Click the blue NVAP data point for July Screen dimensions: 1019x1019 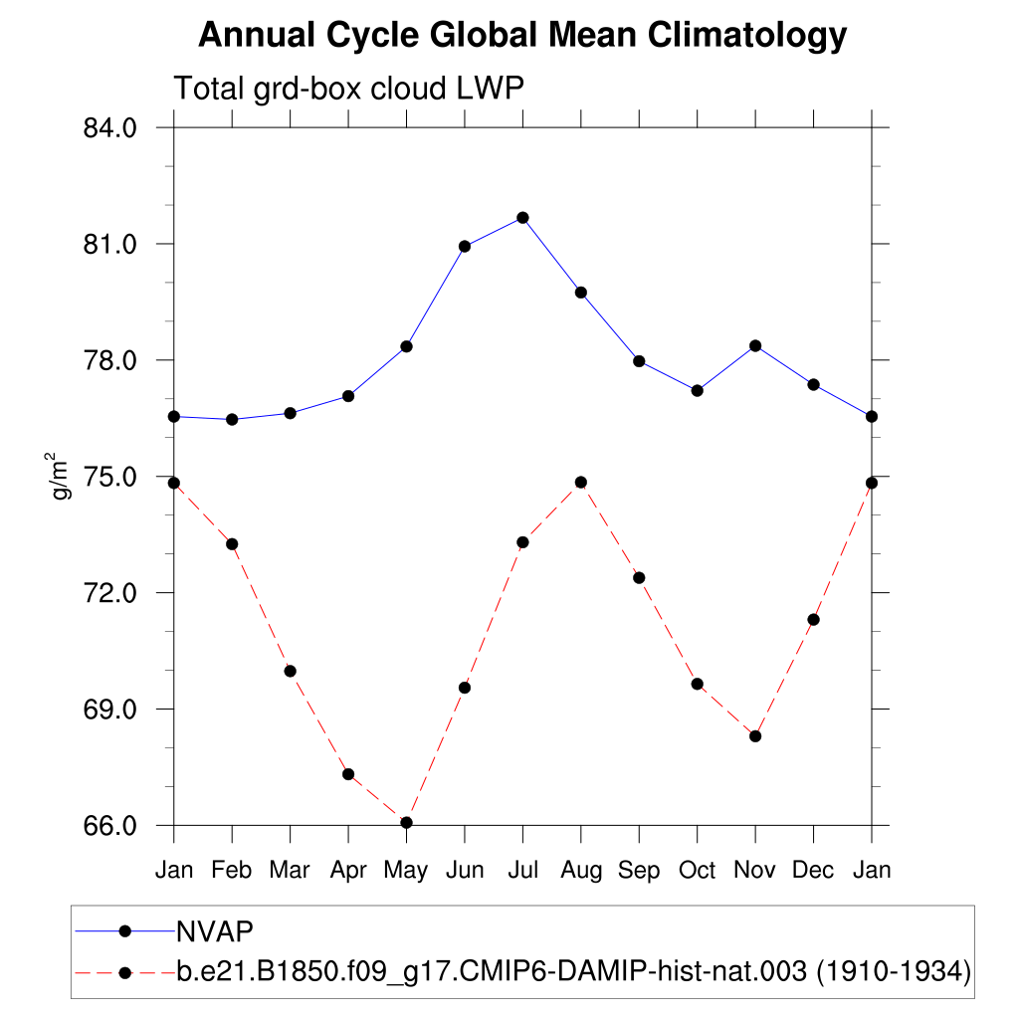tap(522, 218)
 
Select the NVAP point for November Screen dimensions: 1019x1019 tap(755, 346)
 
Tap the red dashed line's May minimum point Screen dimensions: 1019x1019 tap(406, 822)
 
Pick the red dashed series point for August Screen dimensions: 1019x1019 tap(581, 483)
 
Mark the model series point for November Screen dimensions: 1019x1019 tap(755, 736)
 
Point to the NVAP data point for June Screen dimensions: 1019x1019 tap(465, 246)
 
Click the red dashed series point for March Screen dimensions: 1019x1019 tap(291, 671)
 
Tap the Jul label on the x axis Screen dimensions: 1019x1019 tap(522, 871)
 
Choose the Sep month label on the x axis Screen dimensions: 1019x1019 tap(639, 871)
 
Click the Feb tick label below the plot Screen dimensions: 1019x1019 tap(232, 871)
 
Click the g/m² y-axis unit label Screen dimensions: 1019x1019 tap(62, 475)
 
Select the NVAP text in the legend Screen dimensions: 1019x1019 tap(215, 931)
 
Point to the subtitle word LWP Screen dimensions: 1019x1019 tap(491, 89)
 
